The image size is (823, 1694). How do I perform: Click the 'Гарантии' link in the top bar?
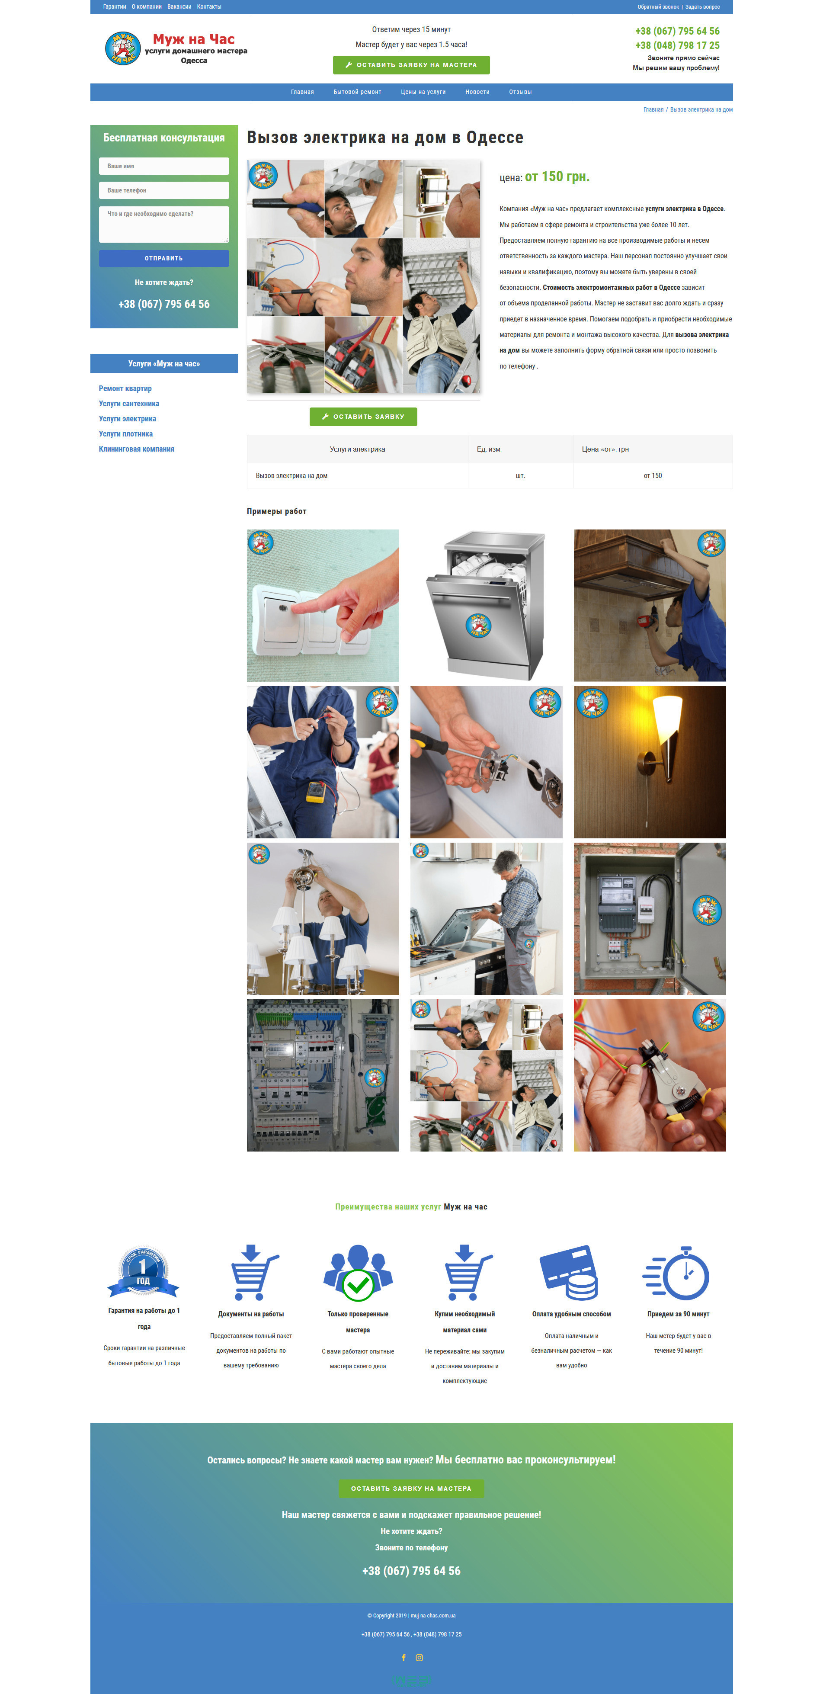114,6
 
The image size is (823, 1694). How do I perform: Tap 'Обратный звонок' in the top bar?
658,6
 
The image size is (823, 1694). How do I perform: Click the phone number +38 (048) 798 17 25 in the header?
677,45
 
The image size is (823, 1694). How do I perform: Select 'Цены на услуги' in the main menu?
423,92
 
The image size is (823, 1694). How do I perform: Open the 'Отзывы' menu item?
520,92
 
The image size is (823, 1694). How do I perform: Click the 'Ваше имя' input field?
163,166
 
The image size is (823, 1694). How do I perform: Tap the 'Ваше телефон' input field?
163,190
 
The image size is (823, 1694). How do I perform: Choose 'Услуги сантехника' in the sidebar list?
129,404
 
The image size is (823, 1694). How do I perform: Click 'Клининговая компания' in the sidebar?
136,449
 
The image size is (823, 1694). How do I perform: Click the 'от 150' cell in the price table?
653,475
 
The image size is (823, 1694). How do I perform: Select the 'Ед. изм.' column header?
489,449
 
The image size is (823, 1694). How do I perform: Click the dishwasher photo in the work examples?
487,605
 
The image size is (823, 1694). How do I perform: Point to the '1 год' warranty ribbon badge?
143,1272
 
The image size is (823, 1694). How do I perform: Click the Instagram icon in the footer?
420,1657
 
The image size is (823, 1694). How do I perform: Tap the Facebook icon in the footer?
403,1657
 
